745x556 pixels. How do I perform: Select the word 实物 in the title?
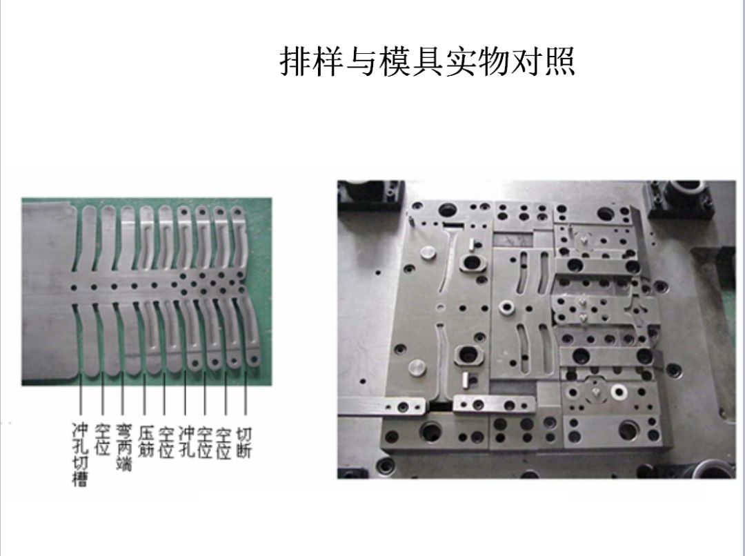(x=477, y=61)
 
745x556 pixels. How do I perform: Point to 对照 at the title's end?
(x=543, y=61)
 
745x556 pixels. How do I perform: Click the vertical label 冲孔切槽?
(x=80, y=455)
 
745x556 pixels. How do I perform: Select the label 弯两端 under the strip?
(x=123, y=448)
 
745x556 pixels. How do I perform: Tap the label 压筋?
(x=146, y=441)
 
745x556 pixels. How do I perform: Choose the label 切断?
(x=244, y=442)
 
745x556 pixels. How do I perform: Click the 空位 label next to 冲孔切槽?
(x=102, y=439)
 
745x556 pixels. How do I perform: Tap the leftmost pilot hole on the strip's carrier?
(x=74, y=288)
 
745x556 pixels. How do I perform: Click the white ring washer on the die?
(x=619, y=392)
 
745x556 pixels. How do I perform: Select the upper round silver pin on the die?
(x=428, y=252)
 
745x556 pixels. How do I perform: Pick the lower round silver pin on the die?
(x=416, y=368)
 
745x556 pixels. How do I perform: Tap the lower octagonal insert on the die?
(x=468, y=355)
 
